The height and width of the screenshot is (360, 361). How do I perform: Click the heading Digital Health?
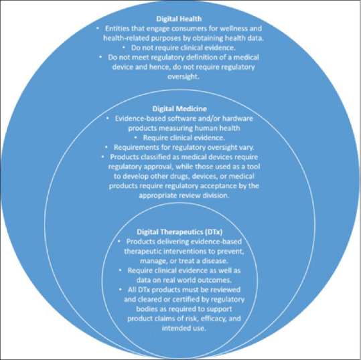[179, 19]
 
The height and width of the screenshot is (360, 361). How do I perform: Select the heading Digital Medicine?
[179, 108]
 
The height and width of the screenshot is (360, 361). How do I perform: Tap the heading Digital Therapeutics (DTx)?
[179, 232]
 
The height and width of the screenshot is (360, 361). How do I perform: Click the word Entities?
[117, 29]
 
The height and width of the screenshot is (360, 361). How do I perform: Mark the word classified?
[155, 157]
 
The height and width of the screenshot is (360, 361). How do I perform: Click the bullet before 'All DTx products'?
[121, 290]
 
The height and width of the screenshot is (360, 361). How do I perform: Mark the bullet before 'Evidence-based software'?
[108, 118]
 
